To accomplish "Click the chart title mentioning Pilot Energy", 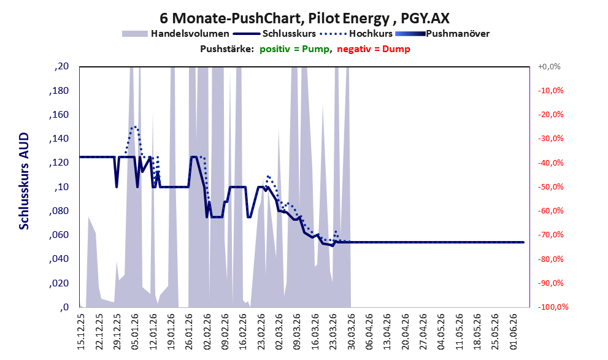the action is pyautogui.click(x=304, y=18).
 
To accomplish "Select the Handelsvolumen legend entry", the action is pyautogui.click(x=175, y=34).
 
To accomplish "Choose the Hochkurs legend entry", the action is pyautogui.click(x=356, y=34).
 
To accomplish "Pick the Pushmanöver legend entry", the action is pyautogui.click(x=442, y=34).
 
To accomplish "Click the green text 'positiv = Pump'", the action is pyautogui.click(x=294, y=49).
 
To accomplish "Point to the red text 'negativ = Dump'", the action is pyautogui.click(x=374, y=49).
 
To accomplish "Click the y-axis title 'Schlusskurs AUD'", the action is pyautogui.click(x=24, y=181).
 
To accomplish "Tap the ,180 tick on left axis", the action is pyautogui.click(x=60, y=91).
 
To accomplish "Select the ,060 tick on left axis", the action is pyautogui.click(x=60, y=235).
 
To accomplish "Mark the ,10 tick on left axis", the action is pyautogui.click(x=61, y=187).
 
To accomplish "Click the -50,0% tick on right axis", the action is pyautogui.click(x=550, y=187).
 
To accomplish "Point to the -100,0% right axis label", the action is pyautogui.click(x=553, y=307).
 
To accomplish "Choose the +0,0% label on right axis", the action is pyautogui.click(x=549, y=67).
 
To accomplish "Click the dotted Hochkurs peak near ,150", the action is pyautogui.click(x=134, y=127).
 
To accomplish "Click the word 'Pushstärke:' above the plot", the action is pyautogui.click(x=227, y=49).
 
